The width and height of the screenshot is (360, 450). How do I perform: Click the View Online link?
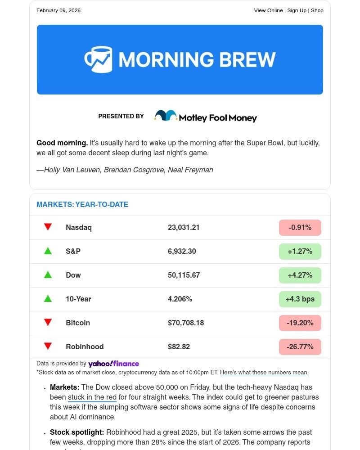[x=268, y=10]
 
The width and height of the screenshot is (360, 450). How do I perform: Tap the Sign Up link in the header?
[x=297, y=10]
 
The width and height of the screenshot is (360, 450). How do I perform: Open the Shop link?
[x=317, y=10]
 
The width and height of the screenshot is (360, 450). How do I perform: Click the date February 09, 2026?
[x=58, y=10]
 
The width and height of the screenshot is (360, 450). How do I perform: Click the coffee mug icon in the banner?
[x=98, y=59]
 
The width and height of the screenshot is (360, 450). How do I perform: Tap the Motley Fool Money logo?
[x=205, y=117]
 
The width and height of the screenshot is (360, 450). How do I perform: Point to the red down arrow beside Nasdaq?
[x=48, y=227]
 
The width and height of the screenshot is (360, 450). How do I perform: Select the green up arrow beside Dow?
[x=48, y=275]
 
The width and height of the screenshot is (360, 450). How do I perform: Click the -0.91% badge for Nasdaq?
[x=300, y=228]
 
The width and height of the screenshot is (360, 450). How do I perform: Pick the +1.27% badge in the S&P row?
[x=300, y=252]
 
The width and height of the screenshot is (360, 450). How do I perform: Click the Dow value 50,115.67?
[x=184, y=275]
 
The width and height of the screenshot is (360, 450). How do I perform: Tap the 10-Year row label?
[x=78, y=299]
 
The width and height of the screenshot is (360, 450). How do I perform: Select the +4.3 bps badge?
[x=300, y=299]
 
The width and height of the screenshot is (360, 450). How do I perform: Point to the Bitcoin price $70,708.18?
[x=186, y=323]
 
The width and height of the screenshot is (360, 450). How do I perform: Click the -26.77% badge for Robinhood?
[x=300, y=347]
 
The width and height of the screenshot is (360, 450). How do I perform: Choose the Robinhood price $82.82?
[x=179, y=347]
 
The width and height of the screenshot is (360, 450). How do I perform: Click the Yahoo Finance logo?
[x=113, y=364]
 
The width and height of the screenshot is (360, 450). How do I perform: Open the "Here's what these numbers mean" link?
[x=264, y=373]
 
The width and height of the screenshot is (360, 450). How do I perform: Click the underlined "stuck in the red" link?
[x=92, y=397]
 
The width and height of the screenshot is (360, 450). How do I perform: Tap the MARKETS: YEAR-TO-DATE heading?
[x=82, y=205]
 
